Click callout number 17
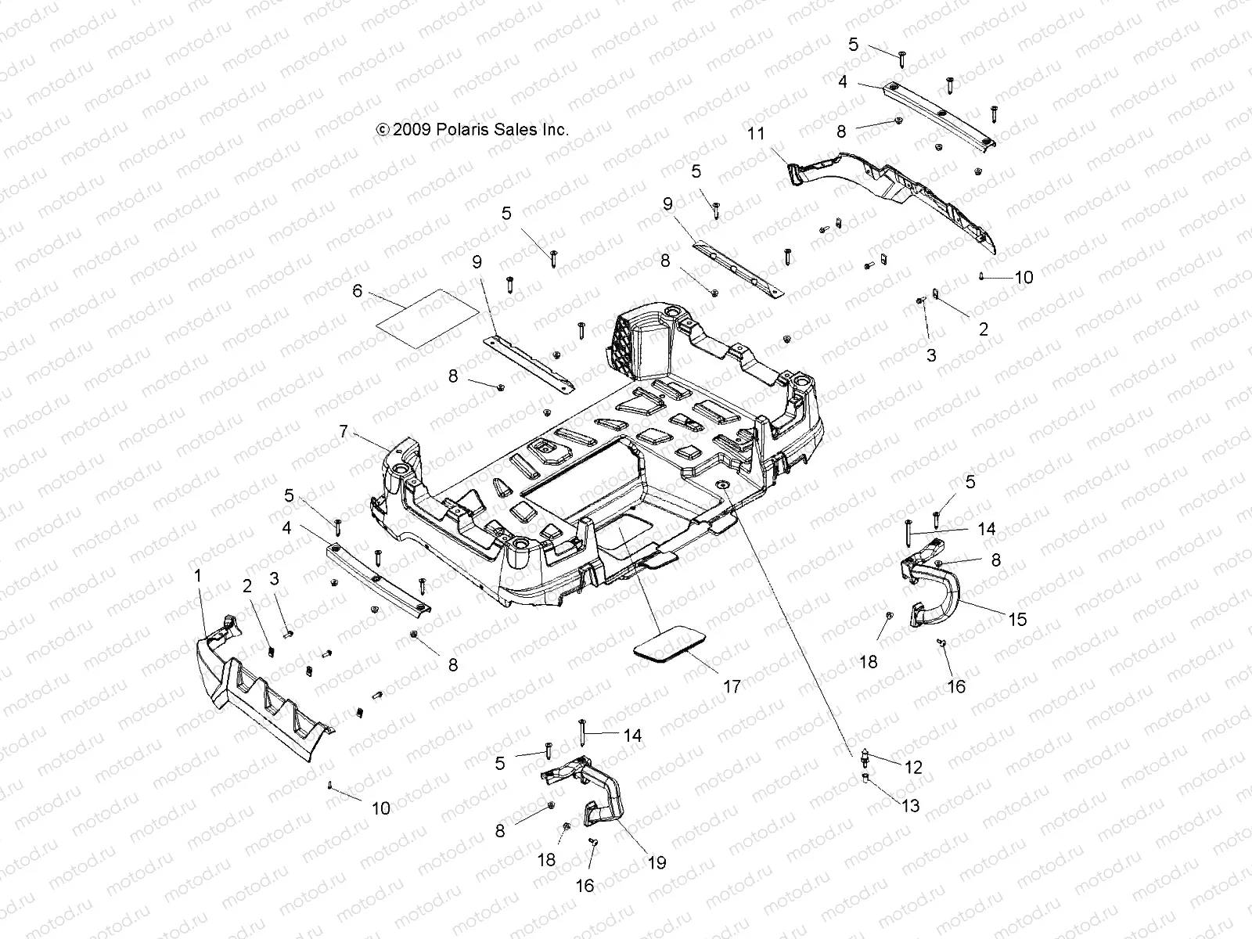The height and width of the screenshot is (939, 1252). tap(732, 686)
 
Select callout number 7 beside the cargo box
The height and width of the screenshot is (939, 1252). tap(343, 430)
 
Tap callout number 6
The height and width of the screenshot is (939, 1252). tap(358, 291)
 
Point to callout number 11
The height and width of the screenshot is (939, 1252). tap(756, 134)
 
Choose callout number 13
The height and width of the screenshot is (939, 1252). tap(911, 805)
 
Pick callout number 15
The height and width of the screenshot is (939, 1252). tap(1016, 620)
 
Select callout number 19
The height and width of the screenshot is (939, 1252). tap(657, 862)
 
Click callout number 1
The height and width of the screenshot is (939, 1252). tap(198, 576)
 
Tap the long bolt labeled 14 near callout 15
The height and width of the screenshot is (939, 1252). tap(908, 534)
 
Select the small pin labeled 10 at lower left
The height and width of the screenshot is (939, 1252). tap(332, 784)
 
